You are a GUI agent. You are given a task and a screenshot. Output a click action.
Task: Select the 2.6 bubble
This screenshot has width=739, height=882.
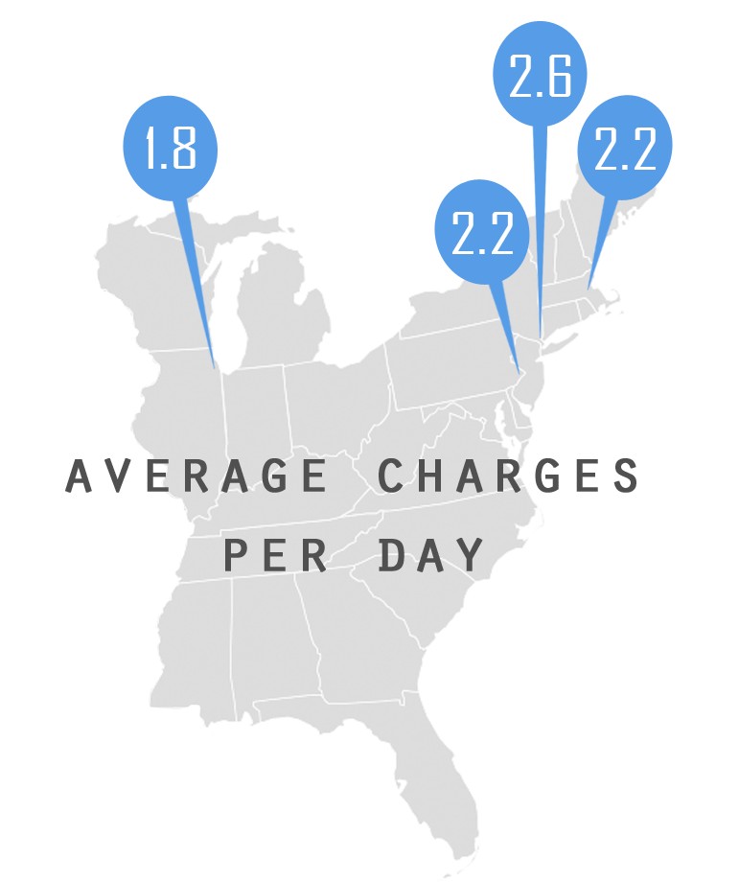540,77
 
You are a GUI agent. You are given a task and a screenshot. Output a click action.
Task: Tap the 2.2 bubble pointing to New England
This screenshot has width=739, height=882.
624,149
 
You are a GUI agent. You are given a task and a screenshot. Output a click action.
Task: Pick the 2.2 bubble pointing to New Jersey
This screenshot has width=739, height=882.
483,232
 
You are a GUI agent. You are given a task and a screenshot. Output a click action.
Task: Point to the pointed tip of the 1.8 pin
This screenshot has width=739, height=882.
216,370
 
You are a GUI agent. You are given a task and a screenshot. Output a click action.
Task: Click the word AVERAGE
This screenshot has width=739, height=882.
196,476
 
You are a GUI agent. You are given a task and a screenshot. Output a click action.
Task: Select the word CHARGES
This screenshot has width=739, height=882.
507,476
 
